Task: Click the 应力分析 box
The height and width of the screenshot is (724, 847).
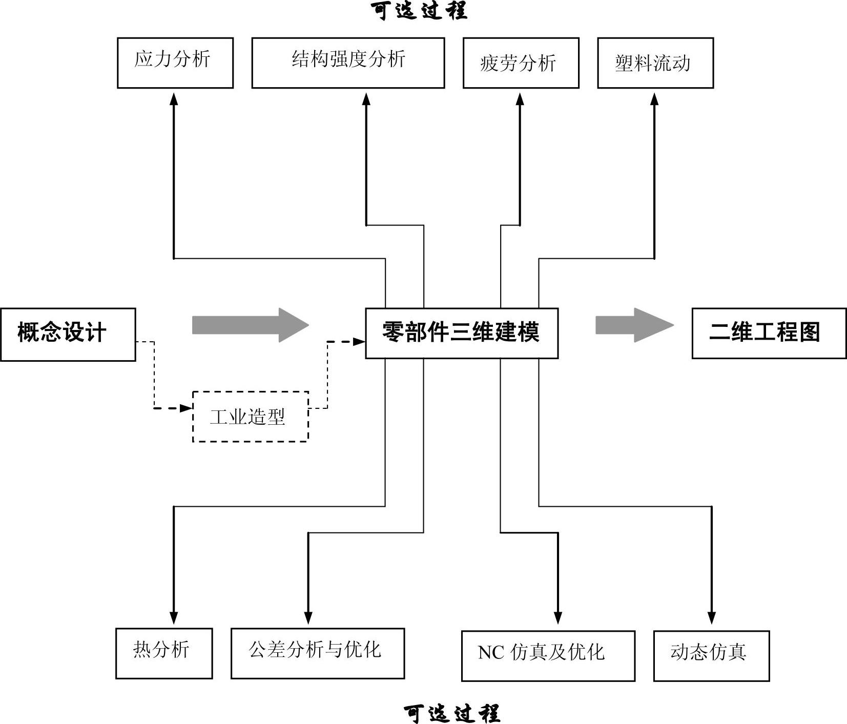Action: point(175,63)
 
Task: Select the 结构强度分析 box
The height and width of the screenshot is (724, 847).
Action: point(348,63)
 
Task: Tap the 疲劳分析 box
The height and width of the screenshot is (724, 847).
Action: point(521,63)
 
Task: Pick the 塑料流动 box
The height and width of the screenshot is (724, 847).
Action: point(655,63)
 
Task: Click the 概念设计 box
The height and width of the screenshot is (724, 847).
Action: point(68,335)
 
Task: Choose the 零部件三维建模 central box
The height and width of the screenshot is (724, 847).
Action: point(462,333)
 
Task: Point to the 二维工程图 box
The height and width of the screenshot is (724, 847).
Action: point(769,333)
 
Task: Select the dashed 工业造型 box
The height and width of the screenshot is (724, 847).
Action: point(251,417)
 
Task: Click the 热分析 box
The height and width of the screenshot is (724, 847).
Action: point(164,653)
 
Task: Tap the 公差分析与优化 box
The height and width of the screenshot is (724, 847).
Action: point(318,653)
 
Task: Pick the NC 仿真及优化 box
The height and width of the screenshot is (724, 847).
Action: point(548,656)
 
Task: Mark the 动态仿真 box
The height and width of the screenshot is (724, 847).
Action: point(712,656)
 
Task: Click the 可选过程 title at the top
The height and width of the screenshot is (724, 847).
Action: point(419,11)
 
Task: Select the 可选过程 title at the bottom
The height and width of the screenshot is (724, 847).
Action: point(452,713)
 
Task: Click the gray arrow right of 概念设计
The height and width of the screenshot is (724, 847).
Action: point(251,325)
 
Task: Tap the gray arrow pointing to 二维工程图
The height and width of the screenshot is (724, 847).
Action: point(634,325)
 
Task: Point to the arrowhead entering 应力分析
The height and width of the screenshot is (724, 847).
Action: point(174,99)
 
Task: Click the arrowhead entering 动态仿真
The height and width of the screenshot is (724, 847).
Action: point(712,618)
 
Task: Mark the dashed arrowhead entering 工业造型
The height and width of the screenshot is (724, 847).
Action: point(186,408)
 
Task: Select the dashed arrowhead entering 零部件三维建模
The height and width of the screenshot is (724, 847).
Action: point(359,341)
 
